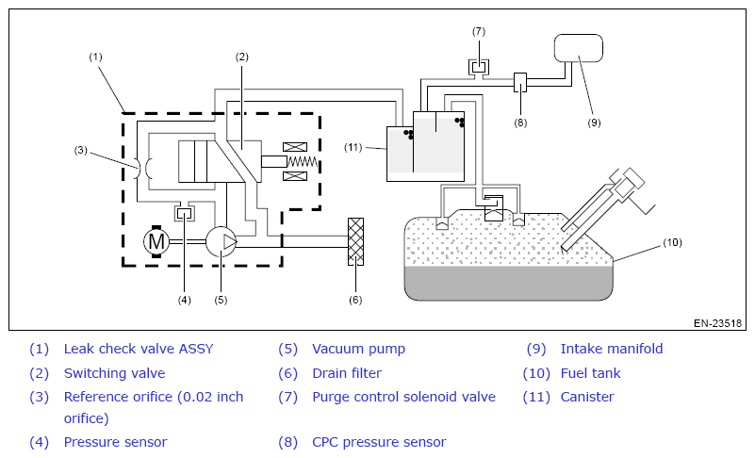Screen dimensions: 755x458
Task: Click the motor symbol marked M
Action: point(156,241)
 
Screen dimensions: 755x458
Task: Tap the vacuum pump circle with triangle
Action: point(222,241)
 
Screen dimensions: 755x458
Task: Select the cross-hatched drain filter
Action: point(356,242)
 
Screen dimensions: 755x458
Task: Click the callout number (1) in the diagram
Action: point(96,57)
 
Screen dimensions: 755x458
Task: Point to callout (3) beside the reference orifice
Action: point(80,150)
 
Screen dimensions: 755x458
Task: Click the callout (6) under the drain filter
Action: point(355,300)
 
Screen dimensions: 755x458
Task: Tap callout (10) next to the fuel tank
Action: point(673,242)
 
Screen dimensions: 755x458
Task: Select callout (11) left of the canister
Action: point(353,147)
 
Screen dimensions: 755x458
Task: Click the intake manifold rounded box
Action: point(579,48)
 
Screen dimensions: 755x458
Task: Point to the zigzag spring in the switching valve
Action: point(303,162)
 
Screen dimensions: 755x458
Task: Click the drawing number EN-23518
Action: point(717,323)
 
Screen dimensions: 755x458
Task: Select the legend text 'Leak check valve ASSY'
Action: point(139,349)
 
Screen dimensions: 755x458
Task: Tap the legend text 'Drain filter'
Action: point(347,373)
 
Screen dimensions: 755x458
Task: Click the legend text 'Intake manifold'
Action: point(612,349)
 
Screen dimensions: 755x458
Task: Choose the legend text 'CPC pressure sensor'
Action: point(379,442)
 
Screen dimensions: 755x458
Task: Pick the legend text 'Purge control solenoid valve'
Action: point(404,397)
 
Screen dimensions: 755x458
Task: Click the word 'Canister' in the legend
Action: point(587,397)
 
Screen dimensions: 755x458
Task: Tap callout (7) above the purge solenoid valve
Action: point(479,32)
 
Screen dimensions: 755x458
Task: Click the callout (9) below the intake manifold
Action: point(594,123)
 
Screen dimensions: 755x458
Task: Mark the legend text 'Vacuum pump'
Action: point(359,349)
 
